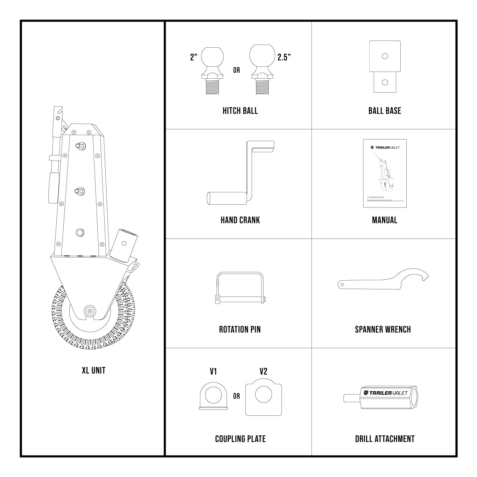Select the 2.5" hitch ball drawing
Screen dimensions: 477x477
coord(262,70)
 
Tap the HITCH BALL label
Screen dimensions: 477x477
coord(240,111)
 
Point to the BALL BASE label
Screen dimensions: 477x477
coord(384,111)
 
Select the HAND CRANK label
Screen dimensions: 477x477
coord(240,220)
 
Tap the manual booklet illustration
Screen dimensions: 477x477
coord(384,173)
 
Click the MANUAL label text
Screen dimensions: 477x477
coord(384,220)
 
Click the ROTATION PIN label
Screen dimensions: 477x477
coord(240,329)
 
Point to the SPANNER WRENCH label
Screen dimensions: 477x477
coord(383,329)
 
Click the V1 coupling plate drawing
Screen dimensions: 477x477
coord(213,397)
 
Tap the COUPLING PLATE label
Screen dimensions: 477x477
coord(240,439)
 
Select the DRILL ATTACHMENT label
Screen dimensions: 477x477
coord(384,439)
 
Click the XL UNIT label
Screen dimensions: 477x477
coord(93,370)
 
